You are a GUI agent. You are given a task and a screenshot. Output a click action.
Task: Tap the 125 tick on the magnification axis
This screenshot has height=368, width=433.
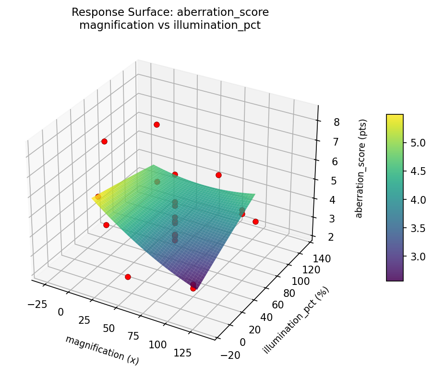tap(182, 353)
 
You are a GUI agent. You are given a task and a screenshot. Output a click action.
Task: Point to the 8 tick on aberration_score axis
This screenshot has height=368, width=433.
tap(337, 123)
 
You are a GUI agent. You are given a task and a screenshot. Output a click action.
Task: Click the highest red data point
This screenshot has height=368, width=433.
tap(156, 125)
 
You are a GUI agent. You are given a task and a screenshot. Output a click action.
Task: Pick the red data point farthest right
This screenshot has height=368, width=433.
tap(255, 221)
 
